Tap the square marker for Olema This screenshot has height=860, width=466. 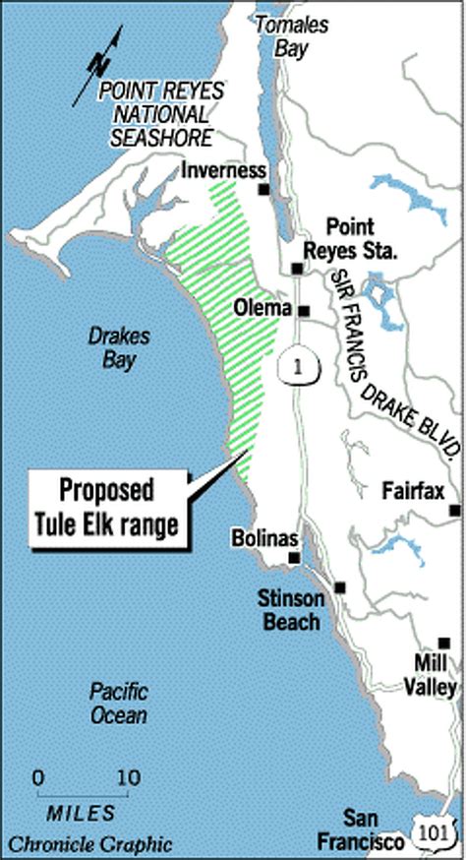[x=304, y=311]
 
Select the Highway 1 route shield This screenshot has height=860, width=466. [x=292, y=366]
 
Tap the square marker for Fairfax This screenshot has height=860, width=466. [x=455, y=510]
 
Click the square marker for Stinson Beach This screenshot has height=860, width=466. [x=340, y=587]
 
